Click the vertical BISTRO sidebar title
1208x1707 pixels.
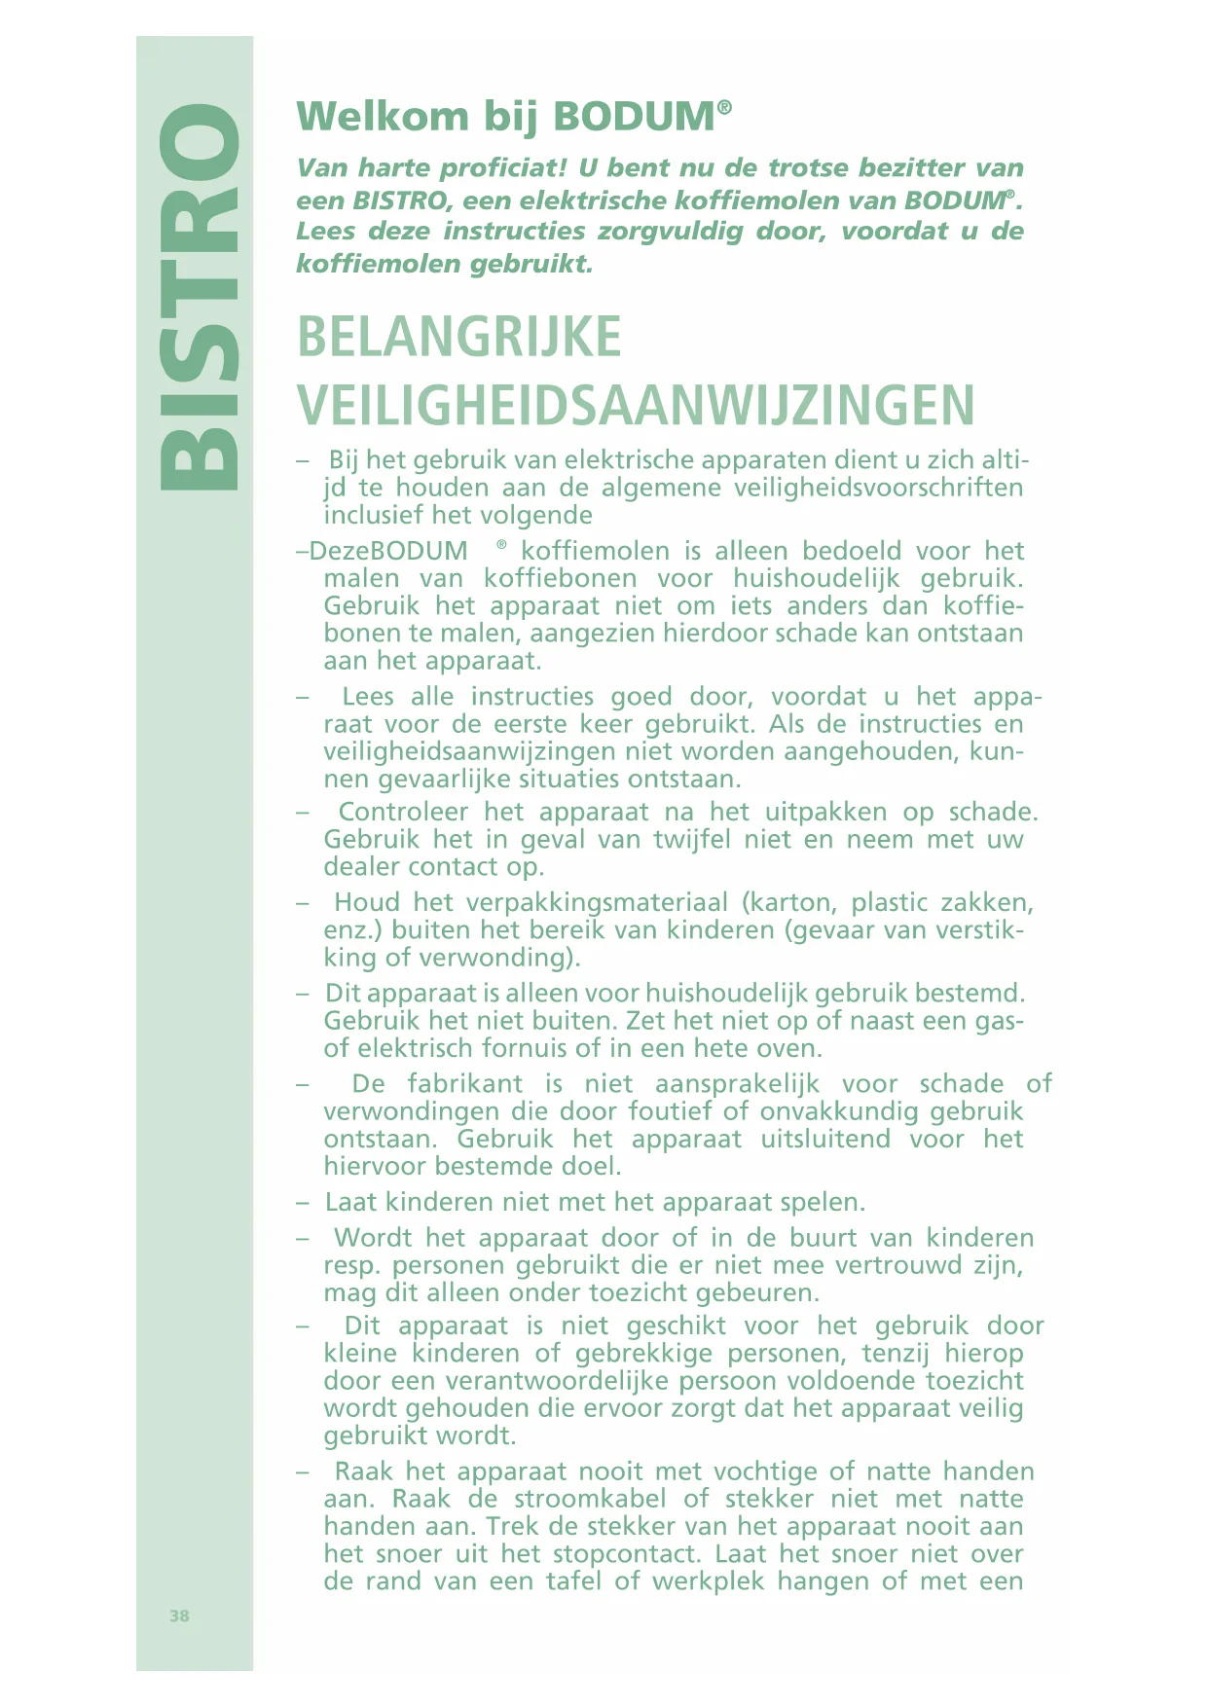click(200, 297)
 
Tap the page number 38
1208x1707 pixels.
click(179, 1616)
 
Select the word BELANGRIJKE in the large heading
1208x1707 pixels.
click(458, 338)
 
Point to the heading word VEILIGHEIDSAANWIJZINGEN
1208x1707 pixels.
click(636, 406)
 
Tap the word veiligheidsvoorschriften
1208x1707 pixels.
click(878, 488)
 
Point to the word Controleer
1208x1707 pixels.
click(403, 812)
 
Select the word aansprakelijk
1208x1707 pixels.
click(737, 1084)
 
